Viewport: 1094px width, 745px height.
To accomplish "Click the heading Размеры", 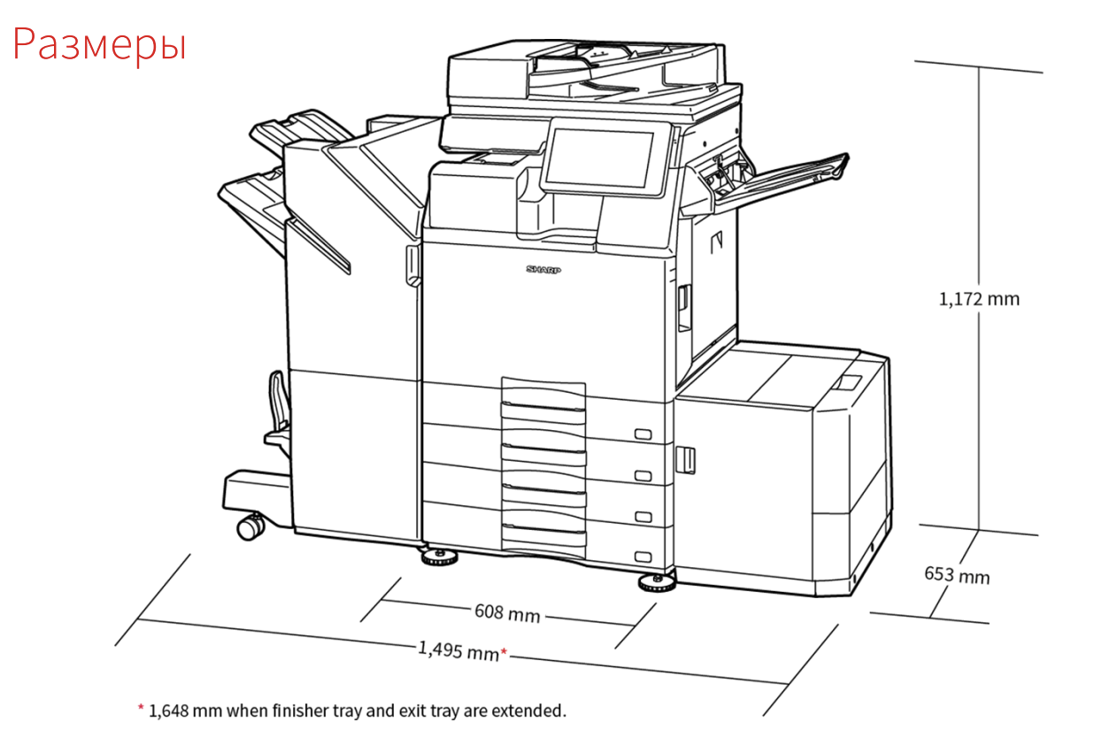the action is tap(100, 44).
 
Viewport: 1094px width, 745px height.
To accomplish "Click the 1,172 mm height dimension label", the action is tap(979, 299).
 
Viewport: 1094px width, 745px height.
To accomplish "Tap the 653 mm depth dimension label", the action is tap(957, 575).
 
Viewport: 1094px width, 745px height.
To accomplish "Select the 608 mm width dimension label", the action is tap(507, 611).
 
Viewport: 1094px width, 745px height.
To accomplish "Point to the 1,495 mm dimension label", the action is tap(458, 650).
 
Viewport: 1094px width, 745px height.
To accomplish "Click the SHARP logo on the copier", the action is tap(543, 270).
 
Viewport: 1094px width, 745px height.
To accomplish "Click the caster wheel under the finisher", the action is tap(250, 526).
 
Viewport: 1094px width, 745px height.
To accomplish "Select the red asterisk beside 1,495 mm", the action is tap(504, 653).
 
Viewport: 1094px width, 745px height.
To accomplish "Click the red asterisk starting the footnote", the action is tap(140, 709).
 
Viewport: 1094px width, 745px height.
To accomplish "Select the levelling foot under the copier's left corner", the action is tap(437, 557).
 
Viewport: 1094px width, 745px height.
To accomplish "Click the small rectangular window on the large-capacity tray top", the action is tap(846, 382).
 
